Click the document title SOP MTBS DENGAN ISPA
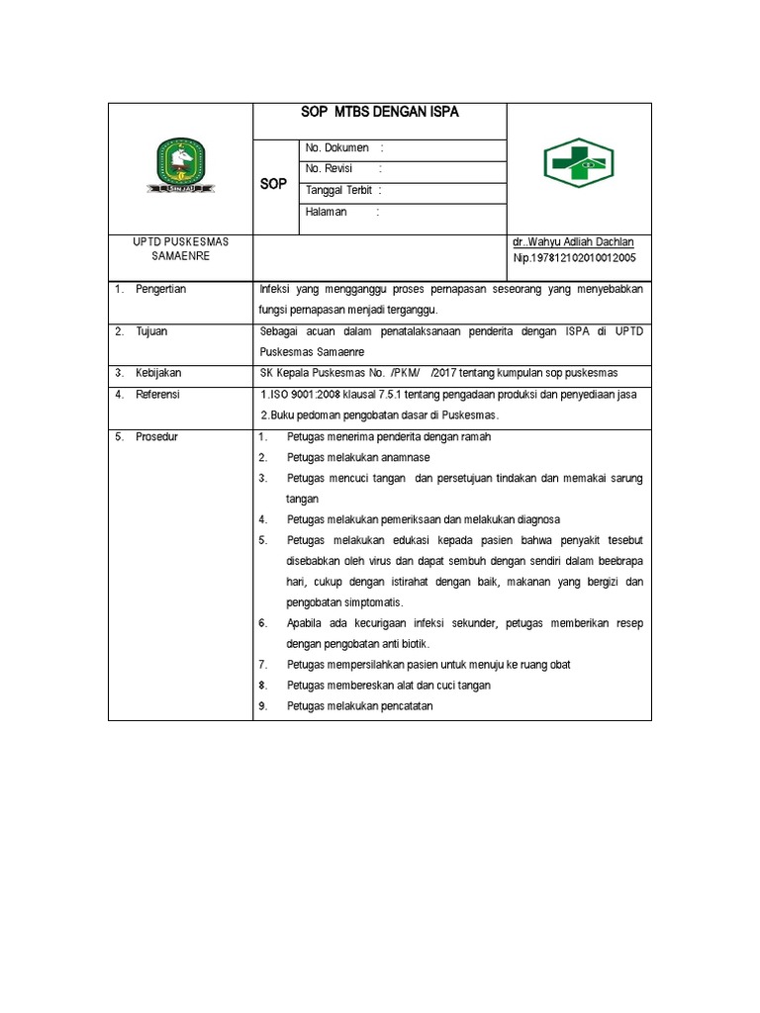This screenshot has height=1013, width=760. pyautogui.click(x=380, y=113)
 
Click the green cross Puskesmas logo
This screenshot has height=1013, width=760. pyautogui.click(x=579, y=163)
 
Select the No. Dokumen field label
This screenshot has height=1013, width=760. pyautogui.click(x=337, y=148)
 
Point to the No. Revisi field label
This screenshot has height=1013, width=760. pyautogui.click(x=330, y=169)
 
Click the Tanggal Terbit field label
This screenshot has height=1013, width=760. pyautogui.click(x=341, y=190)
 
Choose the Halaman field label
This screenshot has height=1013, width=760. pyautogui.click(x=327, y=212)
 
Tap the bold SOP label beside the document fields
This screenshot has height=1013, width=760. pyautogui.click(x=273, y=185)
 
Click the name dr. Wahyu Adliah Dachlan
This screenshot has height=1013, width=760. pyautogui.click(x=573, y=242)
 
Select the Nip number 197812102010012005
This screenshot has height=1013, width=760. pyautogui.click(x=574, y=257)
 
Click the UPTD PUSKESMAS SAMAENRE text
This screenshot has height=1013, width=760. pyautogui.click(x=179, y=249)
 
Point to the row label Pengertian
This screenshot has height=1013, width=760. pyautogui.click(x=161, y=289)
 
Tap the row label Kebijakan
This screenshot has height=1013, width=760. pyautogui.click(x=159, y=373)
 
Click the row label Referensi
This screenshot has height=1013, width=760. pyautogui.click(x=158, y=394)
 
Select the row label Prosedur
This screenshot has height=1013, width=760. pyautogui.click(x=156, y=436)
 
